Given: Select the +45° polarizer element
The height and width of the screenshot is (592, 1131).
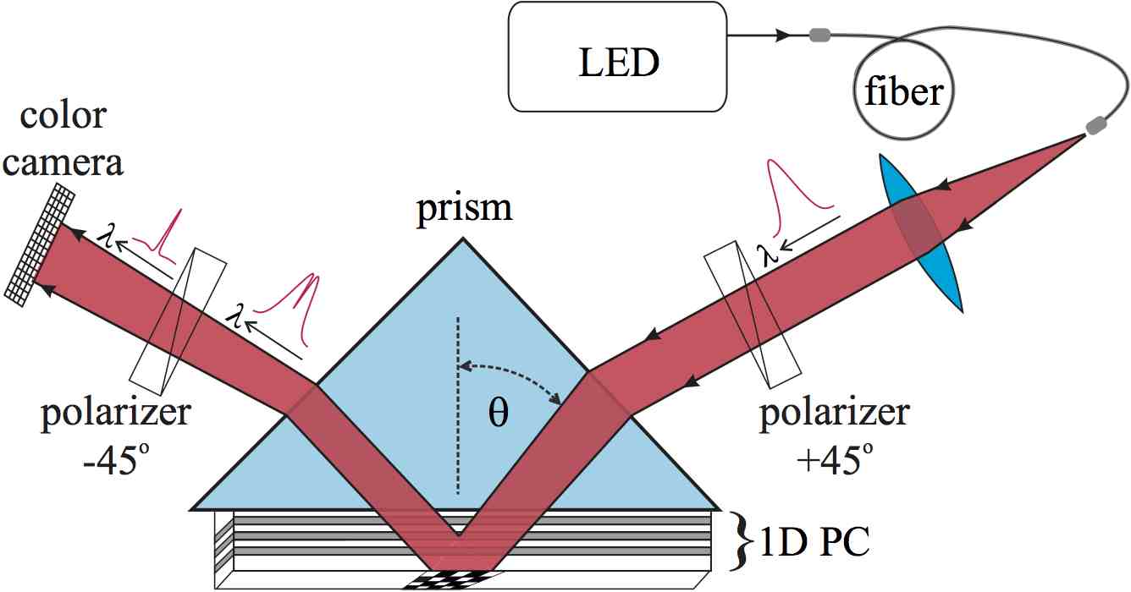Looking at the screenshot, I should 753,313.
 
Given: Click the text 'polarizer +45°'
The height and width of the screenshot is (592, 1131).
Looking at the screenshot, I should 834,429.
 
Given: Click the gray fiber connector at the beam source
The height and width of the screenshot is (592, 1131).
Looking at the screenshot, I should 1095,125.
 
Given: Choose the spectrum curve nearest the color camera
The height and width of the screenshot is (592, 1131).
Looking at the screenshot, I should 166,232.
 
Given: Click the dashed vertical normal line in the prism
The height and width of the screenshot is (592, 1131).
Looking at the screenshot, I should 458,406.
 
